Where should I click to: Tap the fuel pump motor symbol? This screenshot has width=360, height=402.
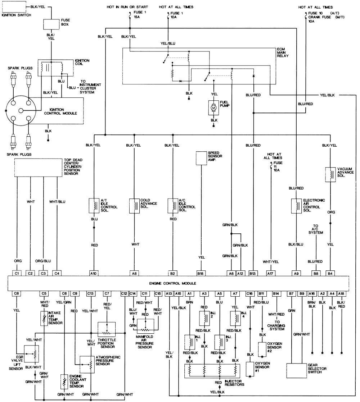tap(214, 108)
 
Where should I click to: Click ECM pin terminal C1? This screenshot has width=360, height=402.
tap(17, 273)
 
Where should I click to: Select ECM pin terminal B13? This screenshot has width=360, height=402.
tap(253, 273)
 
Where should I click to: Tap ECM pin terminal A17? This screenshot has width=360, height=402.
tap(270, 273)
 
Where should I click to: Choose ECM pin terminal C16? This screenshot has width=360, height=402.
tap(250, 293)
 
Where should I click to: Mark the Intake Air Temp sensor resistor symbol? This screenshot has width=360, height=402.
tap(44, 318)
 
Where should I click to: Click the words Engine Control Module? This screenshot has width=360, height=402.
tap(178, 283)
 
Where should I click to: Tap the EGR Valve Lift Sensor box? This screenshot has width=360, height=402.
tap(31, 353)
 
